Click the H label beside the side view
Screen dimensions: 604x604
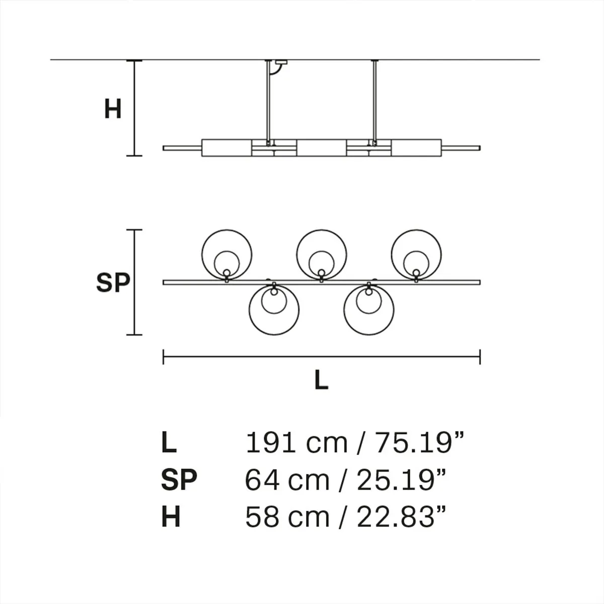tap(113, 109)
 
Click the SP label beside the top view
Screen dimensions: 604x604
tap(113, 283)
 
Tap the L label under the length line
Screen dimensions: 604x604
tap(321, 380)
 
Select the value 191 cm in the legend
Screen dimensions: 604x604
tap(296, 443)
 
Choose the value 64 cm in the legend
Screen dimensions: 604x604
tap(287, 480)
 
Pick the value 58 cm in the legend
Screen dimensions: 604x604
tap(287, 517)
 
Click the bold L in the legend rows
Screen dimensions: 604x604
tap(169, 443)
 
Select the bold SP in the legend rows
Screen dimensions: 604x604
tap(179, 480)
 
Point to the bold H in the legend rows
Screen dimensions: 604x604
tap(171, 517)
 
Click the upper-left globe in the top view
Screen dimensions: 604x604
tap(226, 254)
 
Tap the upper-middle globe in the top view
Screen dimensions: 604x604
tap(321, 254)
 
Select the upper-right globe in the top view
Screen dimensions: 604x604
tap(416, 254)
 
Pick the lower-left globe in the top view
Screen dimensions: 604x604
tap(274, 310)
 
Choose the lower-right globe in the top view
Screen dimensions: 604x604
tap(369, 310)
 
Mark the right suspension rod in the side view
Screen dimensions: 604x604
tap(374, 101)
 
